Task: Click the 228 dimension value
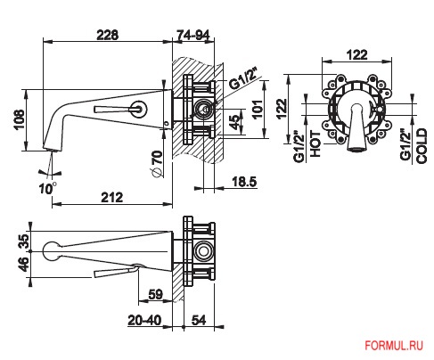108,35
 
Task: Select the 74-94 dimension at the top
193,35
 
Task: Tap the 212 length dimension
112,197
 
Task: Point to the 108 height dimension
20,119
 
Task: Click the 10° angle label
47,188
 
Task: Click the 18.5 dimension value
244,182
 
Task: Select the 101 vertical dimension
258,110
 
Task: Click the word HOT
315,143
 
